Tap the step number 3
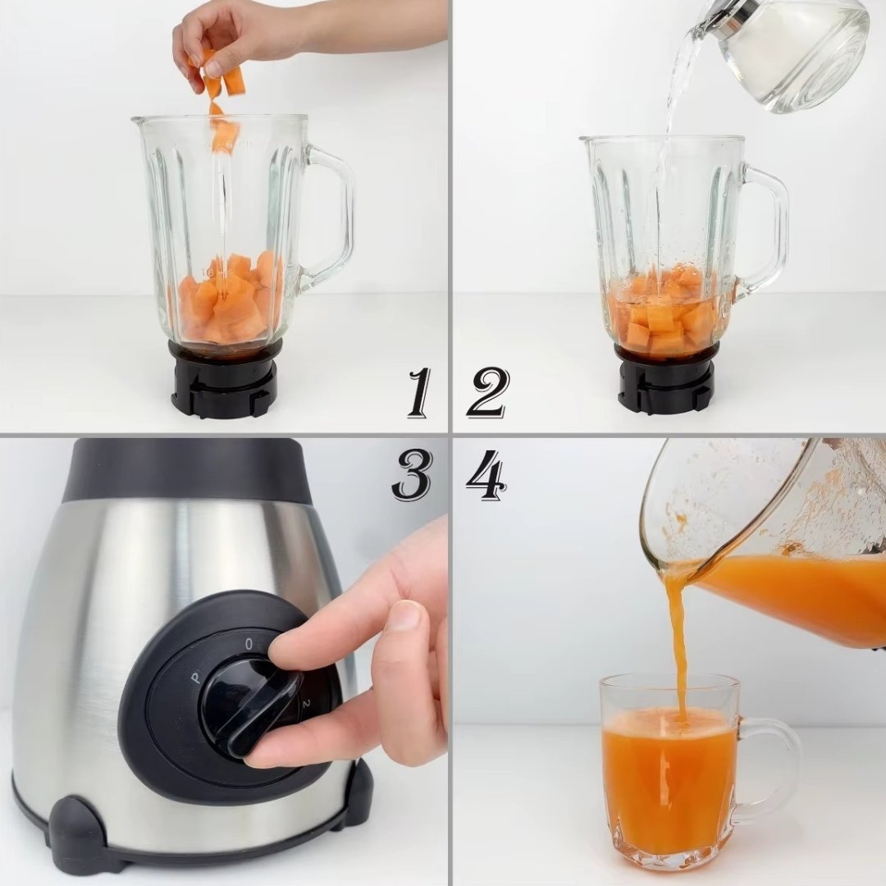tap(412, 475)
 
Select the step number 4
tap(486, 475)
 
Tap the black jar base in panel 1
tap(224, 381)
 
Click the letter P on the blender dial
tap(195, 678)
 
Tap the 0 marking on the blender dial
tap(249, 644)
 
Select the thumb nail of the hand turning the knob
tap(404, 615)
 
